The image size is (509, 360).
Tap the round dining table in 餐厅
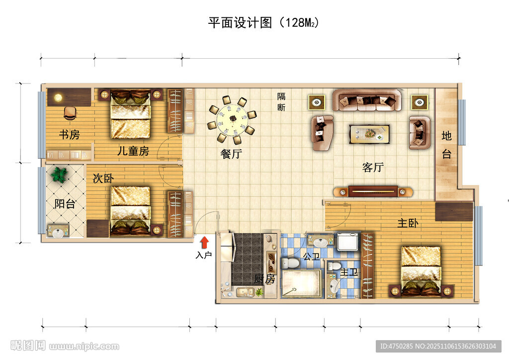[232, 119]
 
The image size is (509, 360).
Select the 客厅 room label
[373, 168]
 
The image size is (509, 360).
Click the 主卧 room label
[408, 223]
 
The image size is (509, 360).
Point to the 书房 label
[70, 134]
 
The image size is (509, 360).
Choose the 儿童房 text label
[133, 151]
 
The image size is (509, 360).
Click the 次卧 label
[103, 179]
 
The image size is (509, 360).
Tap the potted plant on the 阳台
[60, 175]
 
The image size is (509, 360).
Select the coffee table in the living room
[369, 134]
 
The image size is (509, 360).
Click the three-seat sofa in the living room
[367, 101]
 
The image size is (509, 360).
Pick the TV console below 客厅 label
[373, 191]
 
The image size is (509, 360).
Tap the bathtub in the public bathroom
[302, 283]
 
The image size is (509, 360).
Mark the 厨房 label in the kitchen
[264, 279]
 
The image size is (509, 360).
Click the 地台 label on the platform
[446, 144]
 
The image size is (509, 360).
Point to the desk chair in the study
[71, 113]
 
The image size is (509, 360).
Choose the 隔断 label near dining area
[281, 101]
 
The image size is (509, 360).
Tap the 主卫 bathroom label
[349, 272]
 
